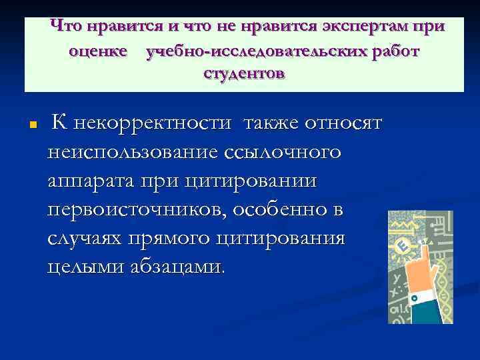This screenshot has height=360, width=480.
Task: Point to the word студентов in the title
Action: (x=244, y=73)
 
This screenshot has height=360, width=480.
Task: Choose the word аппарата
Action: (x=91, y=181)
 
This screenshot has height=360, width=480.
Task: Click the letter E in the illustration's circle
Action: (x=402, y=247)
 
